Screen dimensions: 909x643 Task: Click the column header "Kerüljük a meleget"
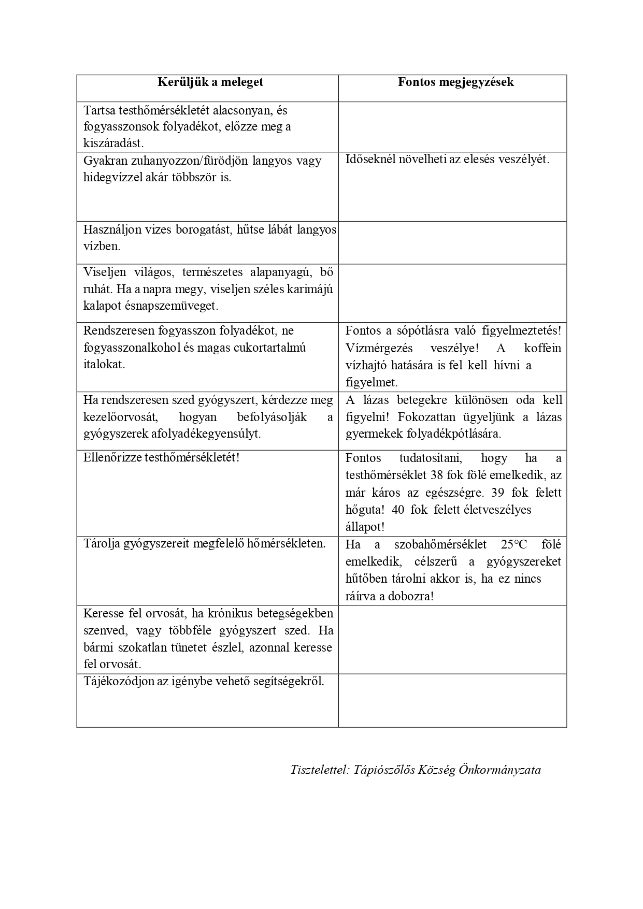tap(210, 82)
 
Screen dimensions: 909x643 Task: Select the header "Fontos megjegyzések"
tap(456, 82)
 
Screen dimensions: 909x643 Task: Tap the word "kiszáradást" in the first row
tap(113, 143)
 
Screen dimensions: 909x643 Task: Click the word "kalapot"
tap(100, 306)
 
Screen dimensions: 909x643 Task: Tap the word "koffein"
tap(542, 348)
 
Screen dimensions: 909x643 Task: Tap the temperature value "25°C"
tap(514, 544)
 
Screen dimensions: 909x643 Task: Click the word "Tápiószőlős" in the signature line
tap(385, 770)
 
